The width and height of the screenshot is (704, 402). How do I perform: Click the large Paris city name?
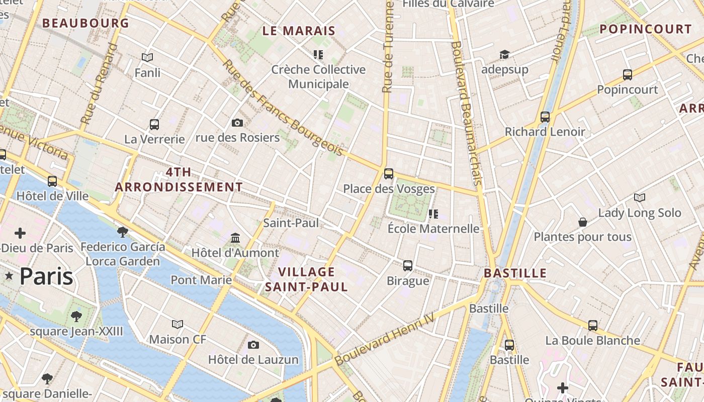coord(46,276)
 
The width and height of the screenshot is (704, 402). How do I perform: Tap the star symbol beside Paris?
coord(9,275)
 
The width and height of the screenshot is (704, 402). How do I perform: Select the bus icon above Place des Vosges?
coord(388,174)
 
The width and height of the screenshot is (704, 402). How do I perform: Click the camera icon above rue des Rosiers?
coord(237,123)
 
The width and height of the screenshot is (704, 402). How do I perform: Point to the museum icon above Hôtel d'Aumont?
coord(235,237)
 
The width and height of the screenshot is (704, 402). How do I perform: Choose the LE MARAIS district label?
coord(299,31)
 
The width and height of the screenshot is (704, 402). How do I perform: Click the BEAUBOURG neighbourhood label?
coord(85,23)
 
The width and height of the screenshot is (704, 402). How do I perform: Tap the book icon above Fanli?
coord(147,58)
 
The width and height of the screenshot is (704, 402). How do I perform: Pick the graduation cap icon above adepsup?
coord(504,54)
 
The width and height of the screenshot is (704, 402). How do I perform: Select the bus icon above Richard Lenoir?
coord(545,117)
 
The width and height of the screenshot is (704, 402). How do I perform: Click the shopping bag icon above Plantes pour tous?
coord(582,222)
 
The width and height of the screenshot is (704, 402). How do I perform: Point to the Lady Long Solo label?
coord(640,213)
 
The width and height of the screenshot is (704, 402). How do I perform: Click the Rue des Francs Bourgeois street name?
coord(284,108)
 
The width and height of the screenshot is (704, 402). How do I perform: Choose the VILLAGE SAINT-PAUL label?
coord(306,279)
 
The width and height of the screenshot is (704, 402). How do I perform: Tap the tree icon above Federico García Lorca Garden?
coord(122,232)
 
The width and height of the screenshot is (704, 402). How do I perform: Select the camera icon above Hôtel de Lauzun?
coord(253,345)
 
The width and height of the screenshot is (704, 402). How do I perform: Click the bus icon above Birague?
coord(408,265)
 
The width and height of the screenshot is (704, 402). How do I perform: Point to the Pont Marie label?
coord(201,280)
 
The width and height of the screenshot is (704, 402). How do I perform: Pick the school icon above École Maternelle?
coord(433,214)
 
